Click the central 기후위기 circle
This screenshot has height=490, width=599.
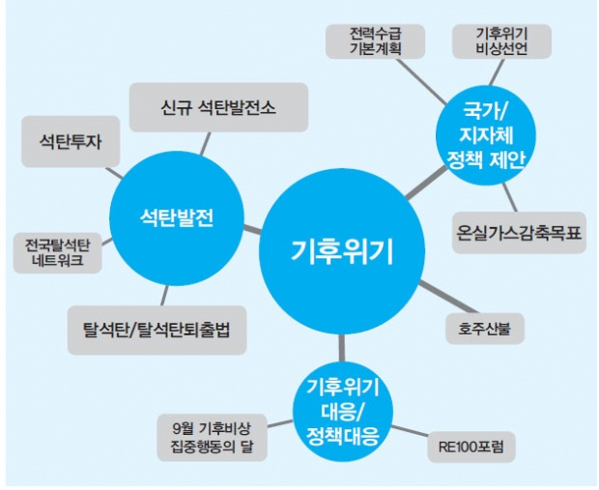(342, 252)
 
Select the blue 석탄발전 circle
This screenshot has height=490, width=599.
(175, 216)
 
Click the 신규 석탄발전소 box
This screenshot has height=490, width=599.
(218, 106)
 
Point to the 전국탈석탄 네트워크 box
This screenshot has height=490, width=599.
(55, 252)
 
